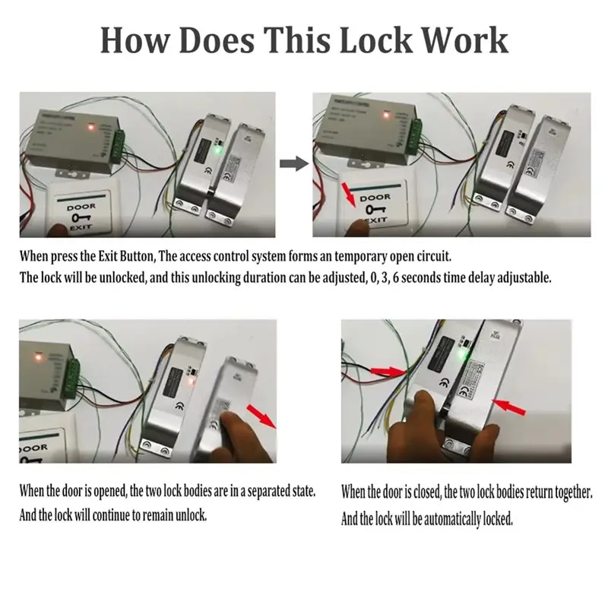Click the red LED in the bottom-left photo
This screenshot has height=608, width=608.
[35, 353]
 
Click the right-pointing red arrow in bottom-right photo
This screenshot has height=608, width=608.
[389, 371]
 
